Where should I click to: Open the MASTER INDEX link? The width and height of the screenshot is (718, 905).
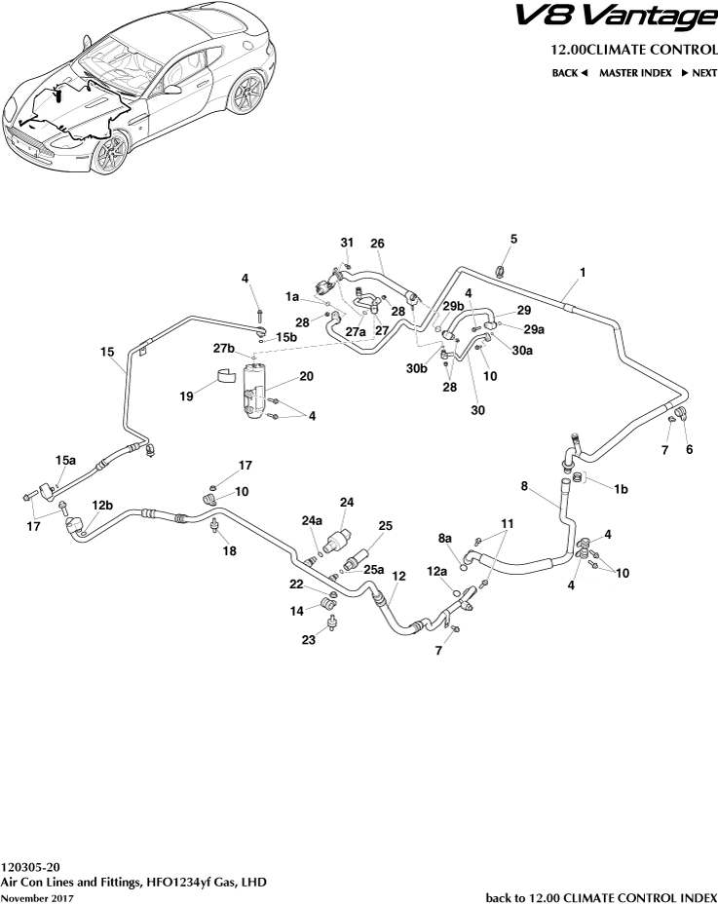click(634, 73)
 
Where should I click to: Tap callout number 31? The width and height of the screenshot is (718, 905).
click(346, 242)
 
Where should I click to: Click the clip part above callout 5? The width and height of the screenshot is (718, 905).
click(502, 270)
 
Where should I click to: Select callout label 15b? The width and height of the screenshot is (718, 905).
click(284, 337)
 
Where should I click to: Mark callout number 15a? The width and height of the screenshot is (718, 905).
click(65, 459)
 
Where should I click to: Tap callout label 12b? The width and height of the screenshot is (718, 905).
click(102, 505)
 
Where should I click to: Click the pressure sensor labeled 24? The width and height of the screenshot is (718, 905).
click(340, 538)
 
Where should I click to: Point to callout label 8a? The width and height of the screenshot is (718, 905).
click(445, 537)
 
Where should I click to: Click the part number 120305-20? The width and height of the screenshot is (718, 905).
click(31, 865)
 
